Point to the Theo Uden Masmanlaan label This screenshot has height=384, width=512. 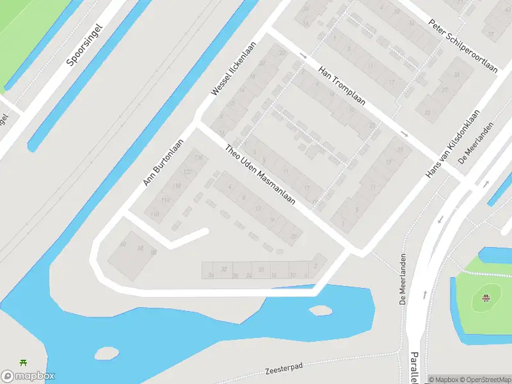pos(260,174)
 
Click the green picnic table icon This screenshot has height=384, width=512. pos(24,363)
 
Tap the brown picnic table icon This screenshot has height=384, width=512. pos(486,297)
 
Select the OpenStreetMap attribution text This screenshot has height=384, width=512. pos(484,380)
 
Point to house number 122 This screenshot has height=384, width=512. pos(188,172)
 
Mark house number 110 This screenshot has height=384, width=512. pos(154,214)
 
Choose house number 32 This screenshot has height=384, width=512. pos(224,269)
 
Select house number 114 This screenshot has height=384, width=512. pos(166,200)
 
